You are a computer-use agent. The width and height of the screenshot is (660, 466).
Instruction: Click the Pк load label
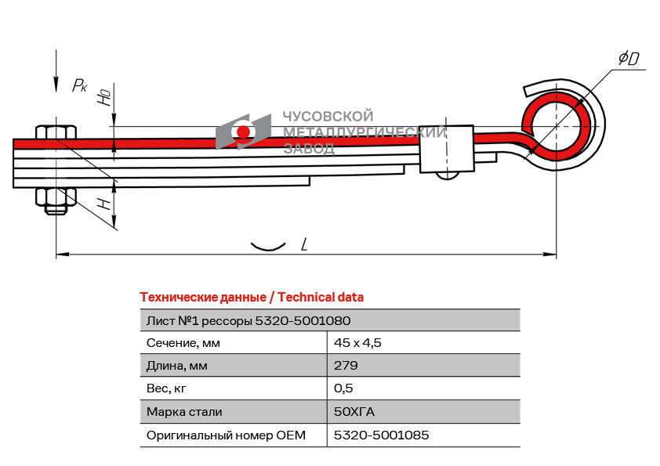79,85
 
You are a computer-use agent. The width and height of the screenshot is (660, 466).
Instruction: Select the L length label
303,244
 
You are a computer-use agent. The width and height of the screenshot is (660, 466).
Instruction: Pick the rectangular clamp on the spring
447,148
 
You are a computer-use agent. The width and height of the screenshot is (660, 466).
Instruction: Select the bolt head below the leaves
56,201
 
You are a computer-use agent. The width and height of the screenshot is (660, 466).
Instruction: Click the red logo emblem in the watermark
244,132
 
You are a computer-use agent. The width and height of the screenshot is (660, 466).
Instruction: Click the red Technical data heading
252,298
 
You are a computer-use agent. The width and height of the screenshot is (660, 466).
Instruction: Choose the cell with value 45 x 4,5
357,342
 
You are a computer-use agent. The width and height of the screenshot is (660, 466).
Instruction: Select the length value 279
346,365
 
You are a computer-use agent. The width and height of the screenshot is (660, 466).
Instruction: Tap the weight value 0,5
343,388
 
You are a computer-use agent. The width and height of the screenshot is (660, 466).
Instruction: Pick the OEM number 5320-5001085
381,435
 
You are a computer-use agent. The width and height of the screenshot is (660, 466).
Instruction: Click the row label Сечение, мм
183,342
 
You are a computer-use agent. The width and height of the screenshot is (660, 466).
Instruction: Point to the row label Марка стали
184,411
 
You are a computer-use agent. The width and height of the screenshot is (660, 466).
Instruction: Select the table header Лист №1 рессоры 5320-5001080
248,320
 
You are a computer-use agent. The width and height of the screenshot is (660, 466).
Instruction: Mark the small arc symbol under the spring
267,247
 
